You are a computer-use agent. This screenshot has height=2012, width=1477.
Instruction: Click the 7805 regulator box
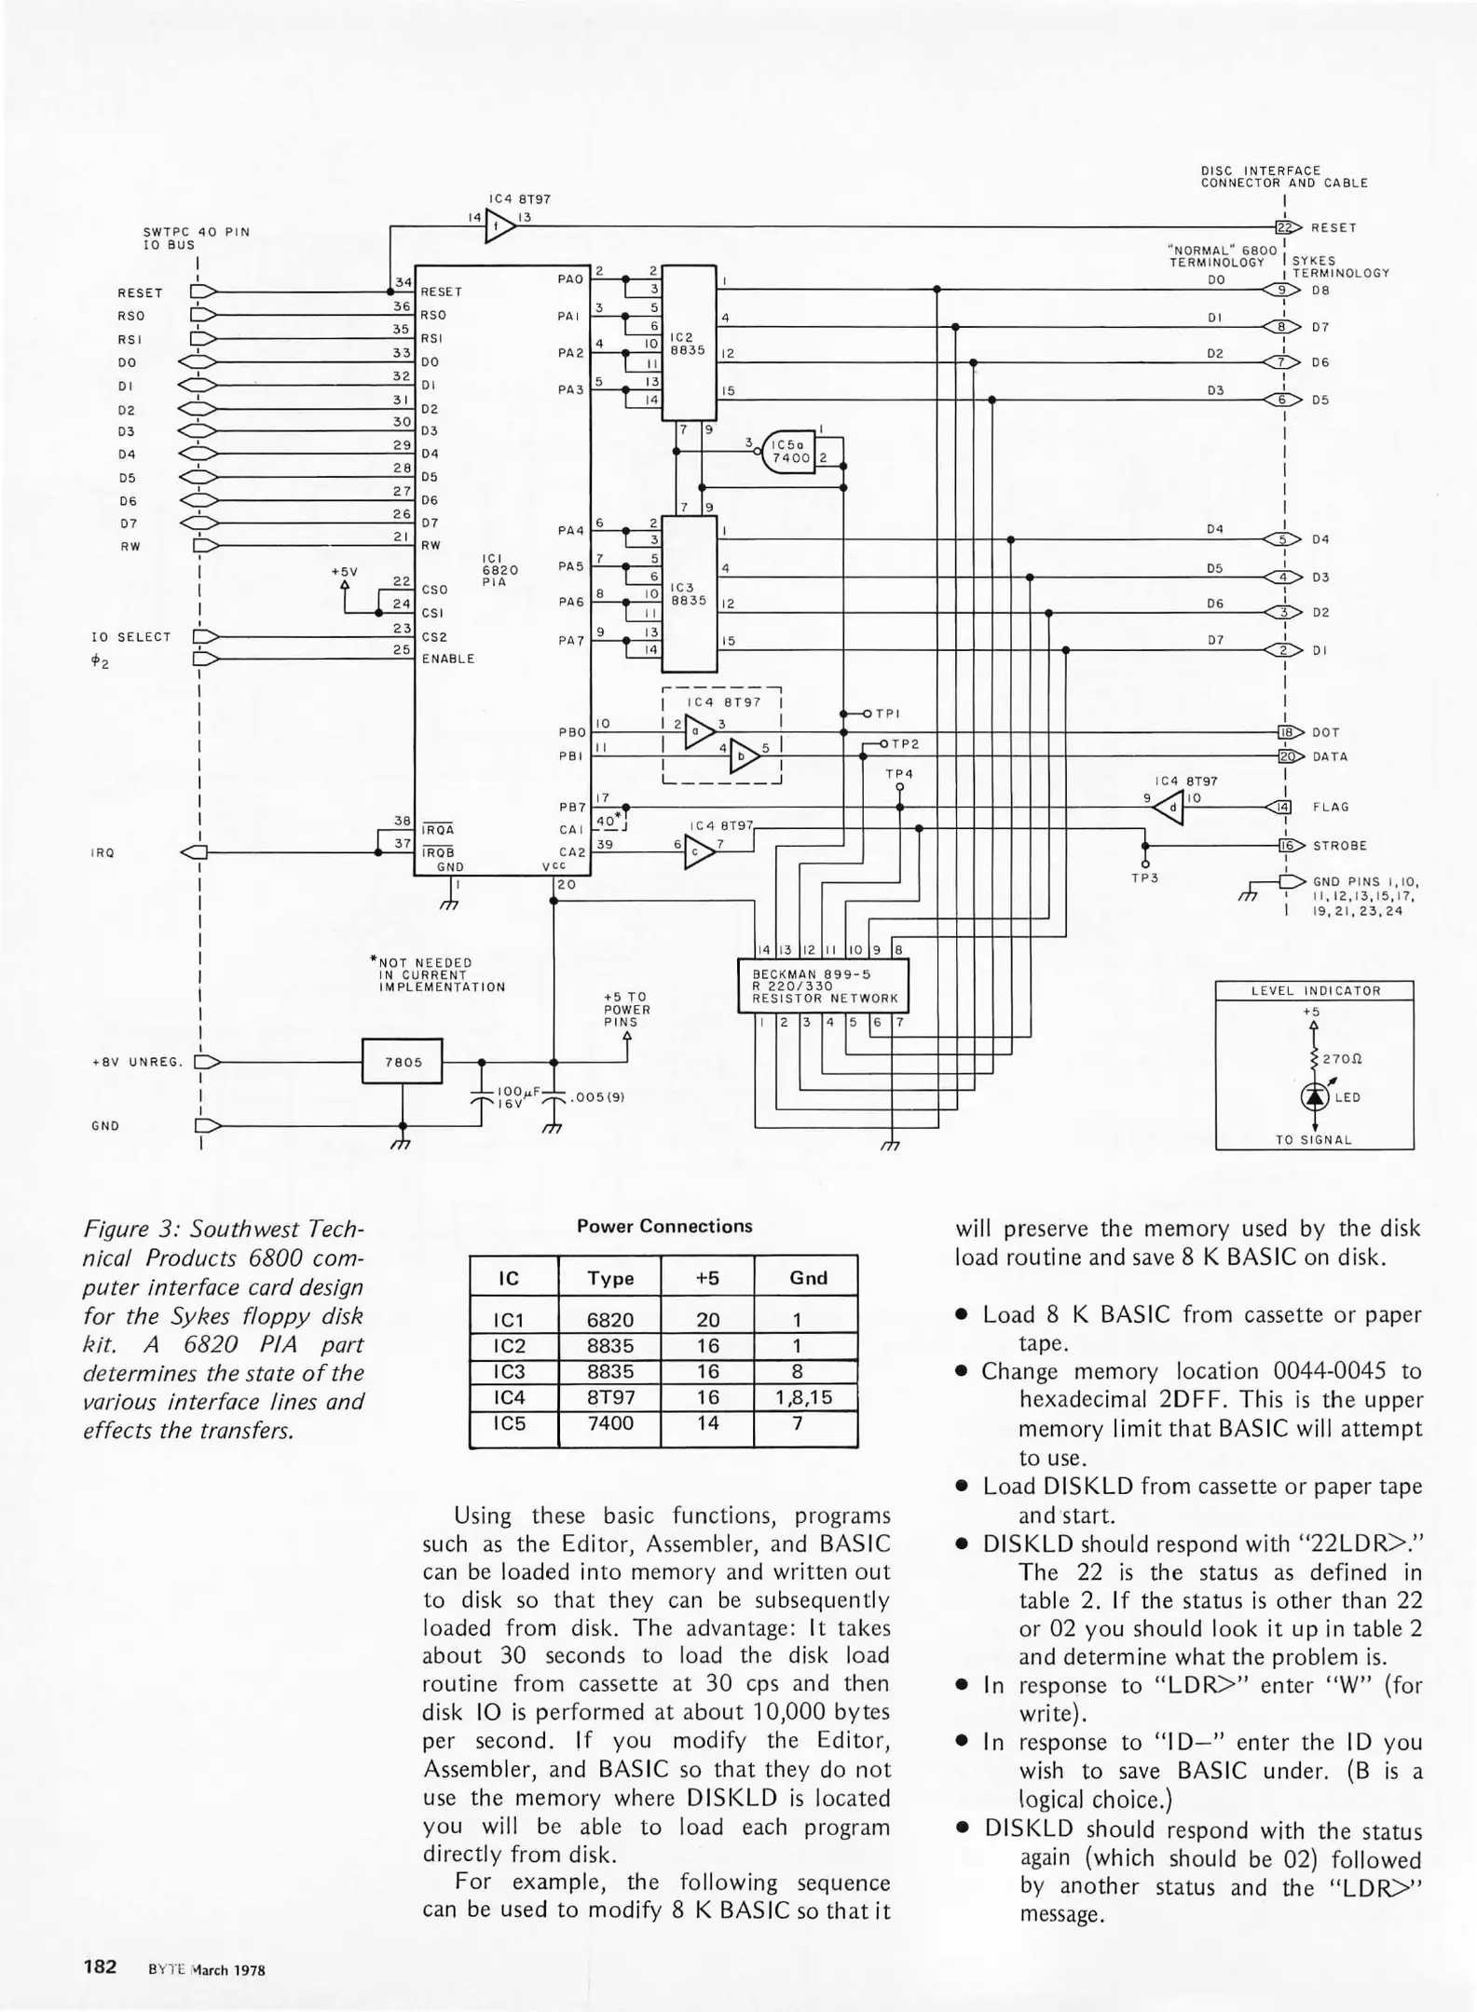click(402, 1062)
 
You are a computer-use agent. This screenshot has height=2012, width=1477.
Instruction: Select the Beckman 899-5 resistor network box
click(823, 986)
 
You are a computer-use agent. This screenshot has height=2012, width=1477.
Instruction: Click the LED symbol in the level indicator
click(1314, 1096)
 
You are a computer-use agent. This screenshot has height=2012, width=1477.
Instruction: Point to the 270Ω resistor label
click(1343, 1059)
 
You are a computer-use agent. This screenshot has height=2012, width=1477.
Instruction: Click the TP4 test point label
click(899, 774)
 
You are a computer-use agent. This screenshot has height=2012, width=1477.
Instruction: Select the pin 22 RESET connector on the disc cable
click(1287, 227)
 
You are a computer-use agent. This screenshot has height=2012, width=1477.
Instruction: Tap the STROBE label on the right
click(1340, 846)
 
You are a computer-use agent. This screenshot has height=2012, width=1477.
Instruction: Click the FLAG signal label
click(1331, 808)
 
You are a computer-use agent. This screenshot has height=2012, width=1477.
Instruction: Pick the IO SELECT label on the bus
click(131, 637)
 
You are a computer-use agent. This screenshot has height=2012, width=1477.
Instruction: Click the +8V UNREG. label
click(138, 1062)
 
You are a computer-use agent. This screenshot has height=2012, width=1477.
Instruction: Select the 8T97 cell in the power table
click(610, 1397)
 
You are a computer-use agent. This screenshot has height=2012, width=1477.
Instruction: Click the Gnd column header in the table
click(808, 1278)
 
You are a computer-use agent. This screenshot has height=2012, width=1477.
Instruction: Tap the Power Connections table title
click(664, 1226)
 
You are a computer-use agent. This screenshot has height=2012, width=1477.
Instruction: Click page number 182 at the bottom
click(100, 1967)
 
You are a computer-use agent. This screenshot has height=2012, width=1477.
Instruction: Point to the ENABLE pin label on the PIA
click(448, 659)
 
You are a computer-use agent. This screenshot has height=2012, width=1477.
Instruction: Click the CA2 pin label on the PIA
click(572, 852)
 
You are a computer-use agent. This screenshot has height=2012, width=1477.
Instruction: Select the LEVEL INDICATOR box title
click(1315, 991)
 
